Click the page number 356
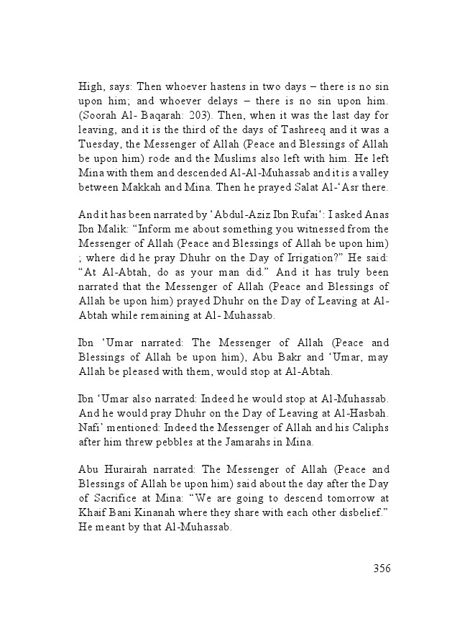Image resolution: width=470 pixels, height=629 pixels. point(382,569)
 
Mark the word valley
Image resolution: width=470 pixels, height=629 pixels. point(374,178)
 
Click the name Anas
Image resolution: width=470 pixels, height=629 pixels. point(376,214)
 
